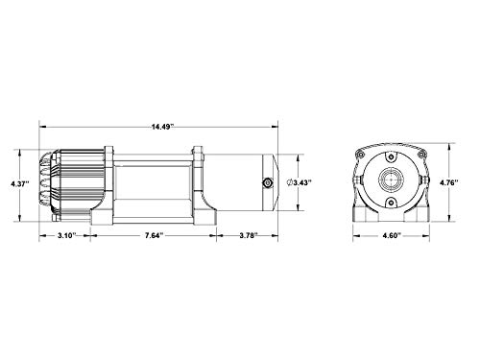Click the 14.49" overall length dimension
click(162, 127)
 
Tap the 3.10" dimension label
click(67, 235)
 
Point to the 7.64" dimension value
click(155, 235)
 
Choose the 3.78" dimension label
click(249, 235)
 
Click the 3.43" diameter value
click(302, 183)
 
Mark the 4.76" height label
click(449, 183)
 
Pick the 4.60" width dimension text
click(392, 235)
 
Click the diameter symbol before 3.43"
click(290, 183)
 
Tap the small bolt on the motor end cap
click(267, 183)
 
